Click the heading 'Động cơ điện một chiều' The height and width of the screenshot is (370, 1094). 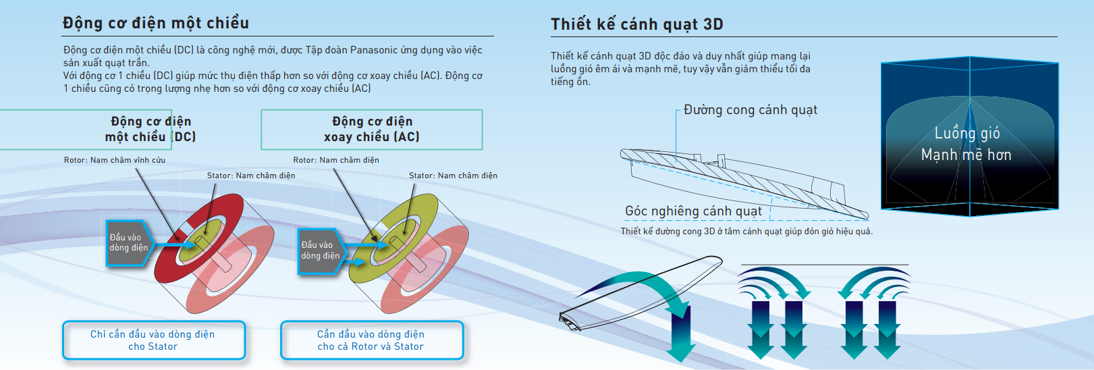tap(156, 23)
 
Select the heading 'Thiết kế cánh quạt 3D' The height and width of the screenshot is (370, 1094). tap(637, 24)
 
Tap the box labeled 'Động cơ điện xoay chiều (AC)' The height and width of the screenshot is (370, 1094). tap(372, 130)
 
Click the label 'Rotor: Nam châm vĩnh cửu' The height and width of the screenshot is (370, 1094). tap(115, 160)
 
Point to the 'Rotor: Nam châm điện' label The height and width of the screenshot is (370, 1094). tap(336, 160)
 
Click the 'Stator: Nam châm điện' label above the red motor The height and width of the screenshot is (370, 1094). tap(251, 176)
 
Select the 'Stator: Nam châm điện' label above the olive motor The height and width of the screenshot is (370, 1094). tap(454, 176)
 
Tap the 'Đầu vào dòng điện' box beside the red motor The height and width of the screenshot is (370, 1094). tap(130, 243)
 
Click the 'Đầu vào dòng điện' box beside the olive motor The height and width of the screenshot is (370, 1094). tap(321, 250)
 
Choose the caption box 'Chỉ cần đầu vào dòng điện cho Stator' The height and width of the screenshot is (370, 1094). tap(154, 340)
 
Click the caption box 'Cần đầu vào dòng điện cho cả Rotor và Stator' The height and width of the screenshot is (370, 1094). tap(372, 340)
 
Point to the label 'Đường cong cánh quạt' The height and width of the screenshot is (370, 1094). tap(750, 110)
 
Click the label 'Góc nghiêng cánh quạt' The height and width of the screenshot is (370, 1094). tap(694, 211)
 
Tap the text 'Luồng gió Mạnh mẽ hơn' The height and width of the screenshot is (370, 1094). tap(966, 144)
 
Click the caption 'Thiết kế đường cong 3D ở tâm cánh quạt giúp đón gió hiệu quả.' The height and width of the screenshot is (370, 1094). tap(746, 231)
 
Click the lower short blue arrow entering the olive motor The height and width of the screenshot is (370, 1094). tap(354, 262)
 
